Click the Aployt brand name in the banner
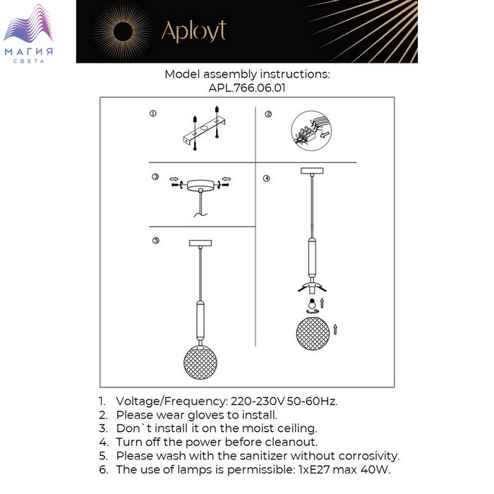194,31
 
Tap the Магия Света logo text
29,54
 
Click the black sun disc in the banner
123,32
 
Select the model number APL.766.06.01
247,88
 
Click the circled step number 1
153,113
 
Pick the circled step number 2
268,114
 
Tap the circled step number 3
155,176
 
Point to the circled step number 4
266,179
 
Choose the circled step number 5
156,241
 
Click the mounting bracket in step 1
205,130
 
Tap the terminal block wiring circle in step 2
311,131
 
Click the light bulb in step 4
312,303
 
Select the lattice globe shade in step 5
200,362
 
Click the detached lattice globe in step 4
313,334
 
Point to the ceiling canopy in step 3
200,185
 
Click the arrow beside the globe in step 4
335,330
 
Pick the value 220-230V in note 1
258,402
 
